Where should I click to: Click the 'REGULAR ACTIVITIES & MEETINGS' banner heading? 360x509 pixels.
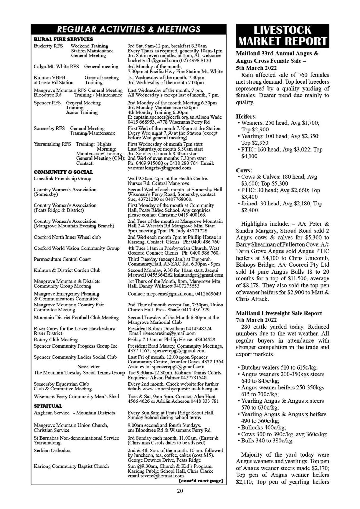pyautogui.click(x=129, y=29)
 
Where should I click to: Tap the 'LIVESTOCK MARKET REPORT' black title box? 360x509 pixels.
pyautogui.click(x=282, y=36)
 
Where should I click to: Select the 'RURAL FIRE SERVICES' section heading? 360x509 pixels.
pyautogui.click(x=63, y=39)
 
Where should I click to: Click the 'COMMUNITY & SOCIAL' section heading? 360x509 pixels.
pyautogui.click(x=63, y=172)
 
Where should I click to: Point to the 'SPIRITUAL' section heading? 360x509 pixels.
pyautogui.click(x=48, y=406)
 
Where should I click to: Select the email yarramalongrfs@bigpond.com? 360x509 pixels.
pyautogui.click(x=159, y=168)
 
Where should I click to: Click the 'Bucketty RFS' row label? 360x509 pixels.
pyautogui.click(x=48, y=46)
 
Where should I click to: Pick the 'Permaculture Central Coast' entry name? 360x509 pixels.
pyautogui.click(x=62, y=259)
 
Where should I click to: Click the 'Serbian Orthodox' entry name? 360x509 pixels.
pyautogui.click(x=52, y=450)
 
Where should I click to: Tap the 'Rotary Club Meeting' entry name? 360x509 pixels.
pyautogui.click(x=56, y=340)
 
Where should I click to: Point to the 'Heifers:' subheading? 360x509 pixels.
pyautogui.click(x=246, y=116)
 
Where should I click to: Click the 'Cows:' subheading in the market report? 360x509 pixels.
pyautogui.click(x=244, y=170)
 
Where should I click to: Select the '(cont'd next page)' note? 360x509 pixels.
pyautogui.click(x=201, y=481)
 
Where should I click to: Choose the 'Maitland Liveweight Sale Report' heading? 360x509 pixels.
pyautogui.click(x=279, y=313)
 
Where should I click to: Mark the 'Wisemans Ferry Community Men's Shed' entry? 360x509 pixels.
pyautogui.click(x=76, y=397)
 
